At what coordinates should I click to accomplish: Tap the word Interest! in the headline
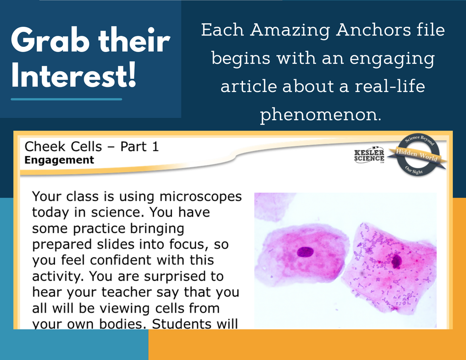point(74,75)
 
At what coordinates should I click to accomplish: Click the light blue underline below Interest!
point(66,99)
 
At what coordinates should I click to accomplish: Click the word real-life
point(390,86)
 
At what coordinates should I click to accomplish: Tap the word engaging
point(392,59)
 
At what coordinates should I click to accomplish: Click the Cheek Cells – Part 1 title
point(91,147)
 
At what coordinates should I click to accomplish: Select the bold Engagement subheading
point(59,160)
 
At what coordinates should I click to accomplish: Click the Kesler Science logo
point(369,155)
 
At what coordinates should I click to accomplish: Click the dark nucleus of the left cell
point(305,252)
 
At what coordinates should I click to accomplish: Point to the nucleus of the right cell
point(396,261)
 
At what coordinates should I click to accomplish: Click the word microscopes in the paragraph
point(201,197)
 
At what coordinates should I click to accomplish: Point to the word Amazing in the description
point(290,31)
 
